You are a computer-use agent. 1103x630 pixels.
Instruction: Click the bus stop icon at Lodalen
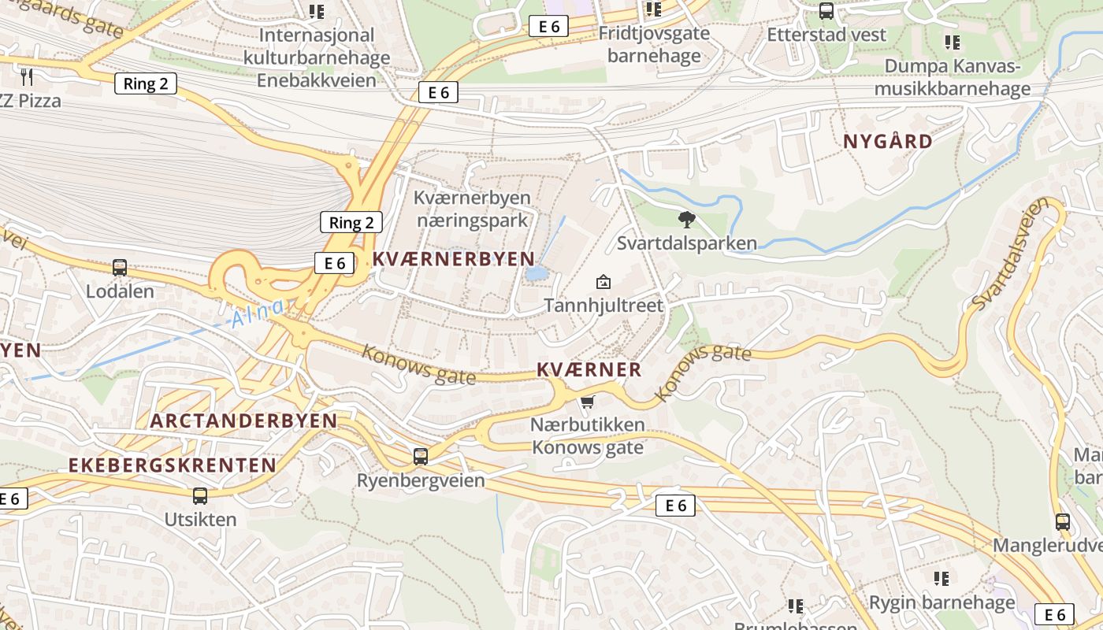pos(120,268)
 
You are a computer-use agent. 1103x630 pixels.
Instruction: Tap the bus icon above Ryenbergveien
pos(421,456)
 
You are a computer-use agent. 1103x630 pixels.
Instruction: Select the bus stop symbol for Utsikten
pos(200,495)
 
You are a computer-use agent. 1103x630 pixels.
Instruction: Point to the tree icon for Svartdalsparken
pos(687,220)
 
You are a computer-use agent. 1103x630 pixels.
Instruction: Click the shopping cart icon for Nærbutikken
pos(587,403)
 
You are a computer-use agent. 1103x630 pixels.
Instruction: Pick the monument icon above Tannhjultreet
pos(603,282)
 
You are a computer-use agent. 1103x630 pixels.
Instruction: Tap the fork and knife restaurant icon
pos(27,76)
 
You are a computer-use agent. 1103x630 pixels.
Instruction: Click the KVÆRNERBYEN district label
pos(453,258)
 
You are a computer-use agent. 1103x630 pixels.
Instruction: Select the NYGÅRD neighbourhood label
pos(888,142)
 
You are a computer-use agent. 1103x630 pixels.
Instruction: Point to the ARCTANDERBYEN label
pos(243,421)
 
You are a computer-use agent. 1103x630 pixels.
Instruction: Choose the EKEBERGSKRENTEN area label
pos(173,465)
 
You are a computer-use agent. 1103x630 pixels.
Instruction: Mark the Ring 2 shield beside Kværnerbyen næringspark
pos(351,222)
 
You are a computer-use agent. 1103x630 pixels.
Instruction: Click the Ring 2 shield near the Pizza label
pos(146,83)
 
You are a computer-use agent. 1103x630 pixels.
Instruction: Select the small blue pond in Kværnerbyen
pos(536,273)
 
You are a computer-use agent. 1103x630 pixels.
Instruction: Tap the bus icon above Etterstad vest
pos(826,11)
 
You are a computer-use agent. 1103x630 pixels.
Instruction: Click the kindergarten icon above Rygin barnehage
pos(941,579)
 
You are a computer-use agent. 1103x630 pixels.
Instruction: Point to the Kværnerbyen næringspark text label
pos(472,209)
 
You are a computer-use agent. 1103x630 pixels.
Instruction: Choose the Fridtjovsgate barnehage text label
pos(654,45)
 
